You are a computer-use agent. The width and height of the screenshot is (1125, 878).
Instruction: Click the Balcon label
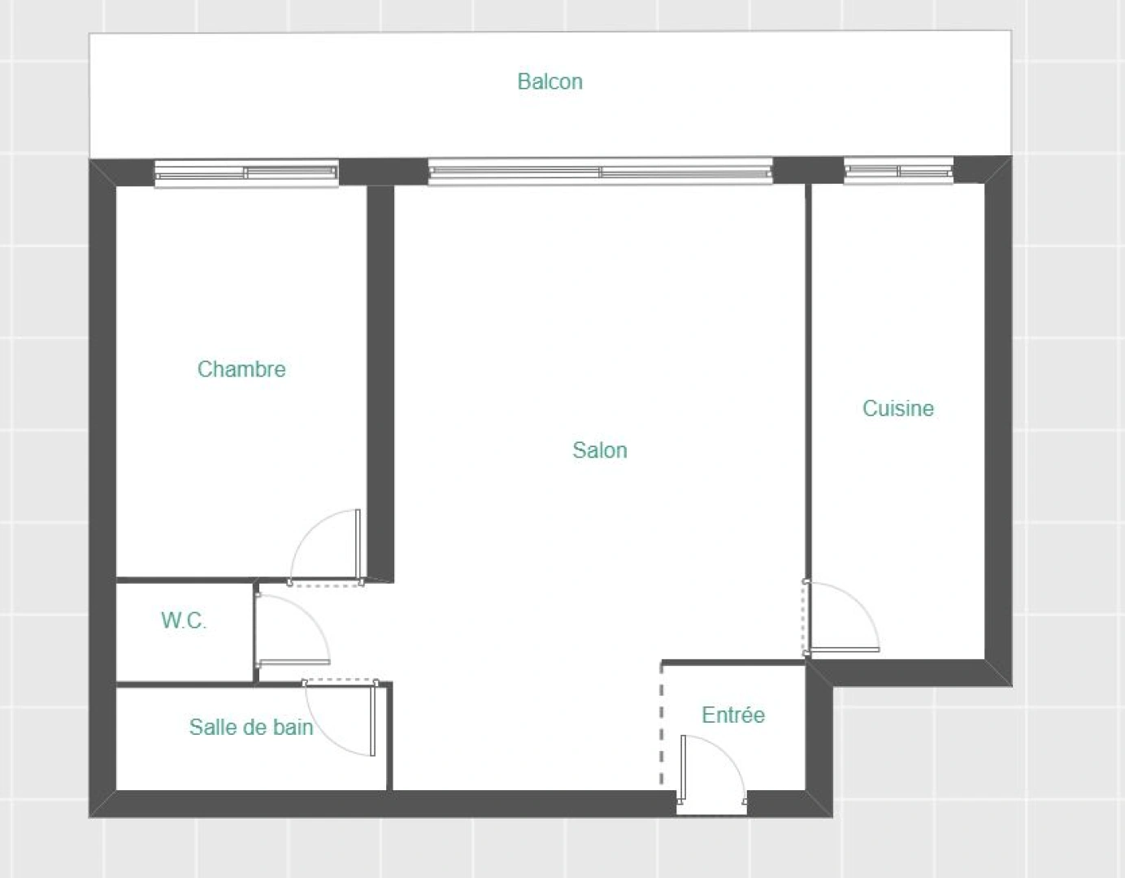(x=549, y=81)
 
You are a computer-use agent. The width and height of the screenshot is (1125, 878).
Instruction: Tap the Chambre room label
(x=241, y=369)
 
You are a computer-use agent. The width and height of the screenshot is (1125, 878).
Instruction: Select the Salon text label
(x=599, y=450)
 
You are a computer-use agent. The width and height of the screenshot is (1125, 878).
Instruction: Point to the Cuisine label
(x=897, y=408)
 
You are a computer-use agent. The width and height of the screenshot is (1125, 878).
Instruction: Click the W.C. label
(x=184, y=621)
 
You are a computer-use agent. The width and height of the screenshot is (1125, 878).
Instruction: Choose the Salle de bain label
(x=251, y=727)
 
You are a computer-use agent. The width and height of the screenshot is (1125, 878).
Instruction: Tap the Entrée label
(x=733, y=715)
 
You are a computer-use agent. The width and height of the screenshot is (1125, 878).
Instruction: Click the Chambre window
(x=246, y=172)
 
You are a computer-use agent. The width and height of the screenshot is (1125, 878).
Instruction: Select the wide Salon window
(x=600, y=172)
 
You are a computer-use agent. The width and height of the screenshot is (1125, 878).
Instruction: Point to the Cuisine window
(x=898, y=171)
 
